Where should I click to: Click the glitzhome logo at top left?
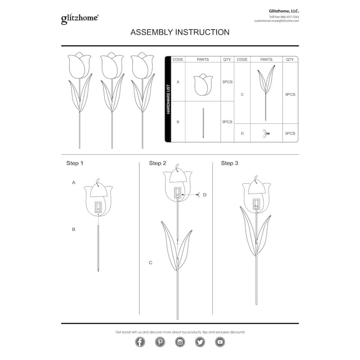(80, 18)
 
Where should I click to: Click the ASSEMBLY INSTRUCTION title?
(180, 32)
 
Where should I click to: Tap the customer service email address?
(276, 21)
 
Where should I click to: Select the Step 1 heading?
(75, 163)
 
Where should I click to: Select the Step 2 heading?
(157, 163)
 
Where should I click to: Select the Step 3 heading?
(229, 163)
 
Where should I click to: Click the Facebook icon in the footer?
(140, 342)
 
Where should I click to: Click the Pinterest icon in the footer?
(160, 342)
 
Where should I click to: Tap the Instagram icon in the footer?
(180, 342)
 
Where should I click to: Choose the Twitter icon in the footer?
(200, 342)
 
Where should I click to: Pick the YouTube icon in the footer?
(220, 342)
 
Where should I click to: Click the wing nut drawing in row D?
(266, 133)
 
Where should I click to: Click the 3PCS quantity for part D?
(290, 133)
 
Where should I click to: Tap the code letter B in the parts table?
(178, 121)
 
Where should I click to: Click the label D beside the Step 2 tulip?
(204, 194)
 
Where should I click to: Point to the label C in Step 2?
(151, 262)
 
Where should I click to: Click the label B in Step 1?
(73, 229)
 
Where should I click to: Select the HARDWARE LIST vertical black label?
(168, 99)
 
